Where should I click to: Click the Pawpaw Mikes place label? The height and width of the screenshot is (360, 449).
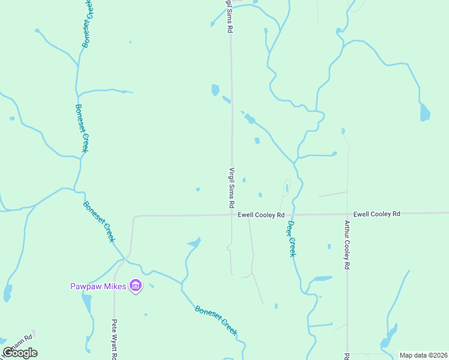(x=97, y=286)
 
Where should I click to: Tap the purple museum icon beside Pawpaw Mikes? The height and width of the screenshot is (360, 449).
(x=136, y=286)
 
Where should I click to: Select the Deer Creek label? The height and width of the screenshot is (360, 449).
(x=291, y=239)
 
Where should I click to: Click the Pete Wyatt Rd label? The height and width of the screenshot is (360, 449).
(x=113, y=339)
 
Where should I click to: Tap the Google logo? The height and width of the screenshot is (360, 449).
(x=20, y=352)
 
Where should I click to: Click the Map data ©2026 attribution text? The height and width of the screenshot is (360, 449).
(x=423, y=355)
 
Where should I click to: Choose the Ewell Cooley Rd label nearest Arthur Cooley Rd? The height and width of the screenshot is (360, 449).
(x=376, y=214)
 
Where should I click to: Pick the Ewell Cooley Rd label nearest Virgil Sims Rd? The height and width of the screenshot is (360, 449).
(x=261, y=214)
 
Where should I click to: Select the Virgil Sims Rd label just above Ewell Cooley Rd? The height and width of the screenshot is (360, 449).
(x=231, y=187)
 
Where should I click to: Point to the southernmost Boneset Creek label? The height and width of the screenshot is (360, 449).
(x=216, y=319)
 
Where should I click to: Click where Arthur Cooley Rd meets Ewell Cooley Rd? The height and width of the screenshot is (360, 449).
(x=347, y=214)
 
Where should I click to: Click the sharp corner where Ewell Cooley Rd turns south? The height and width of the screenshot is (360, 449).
(x=134, y=217)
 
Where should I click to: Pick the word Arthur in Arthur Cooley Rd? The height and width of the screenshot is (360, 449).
(x=347, y=230)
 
